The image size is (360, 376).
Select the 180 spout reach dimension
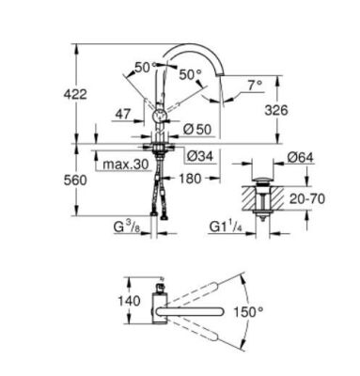click(x=191, y=177)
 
